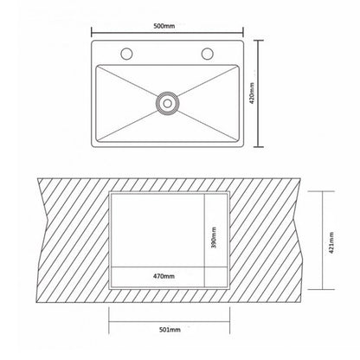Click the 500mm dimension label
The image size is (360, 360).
[x=164, y=26]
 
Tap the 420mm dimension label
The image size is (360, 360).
[x=252, y=93]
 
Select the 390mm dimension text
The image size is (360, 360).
[x=214, y=237]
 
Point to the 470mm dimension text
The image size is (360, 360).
[x=164, y=276]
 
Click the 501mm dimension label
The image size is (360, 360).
[x=170, y=330]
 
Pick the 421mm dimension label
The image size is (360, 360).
[x=331, y=242]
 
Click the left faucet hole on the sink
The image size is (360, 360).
[x=126, y=54]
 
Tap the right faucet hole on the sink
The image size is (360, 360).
[x=207, y=54]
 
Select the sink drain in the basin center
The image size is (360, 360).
[x=167, y=103]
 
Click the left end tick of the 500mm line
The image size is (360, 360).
[x=92, y=32]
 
